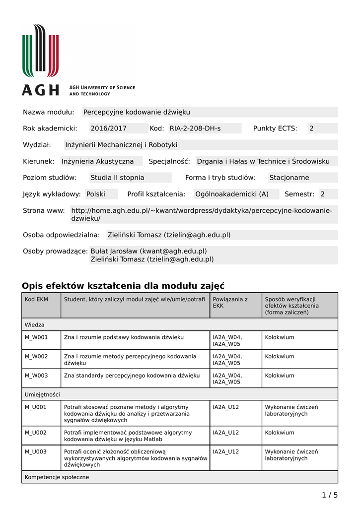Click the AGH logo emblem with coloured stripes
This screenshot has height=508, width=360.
click(40, 50)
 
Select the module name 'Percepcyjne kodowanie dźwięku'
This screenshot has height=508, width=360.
click(137, 112)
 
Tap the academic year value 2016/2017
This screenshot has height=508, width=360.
click(109, 128)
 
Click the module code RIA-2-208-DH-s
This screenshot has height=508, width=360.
click(195, 128)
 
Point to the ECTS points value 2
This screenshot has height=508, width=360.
click(312, 128)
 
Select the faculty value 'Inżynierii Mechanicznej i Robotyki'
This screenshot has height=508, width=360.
click(121, 145)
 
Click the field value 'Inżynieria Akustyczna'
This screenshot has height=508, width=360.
click(98, 161)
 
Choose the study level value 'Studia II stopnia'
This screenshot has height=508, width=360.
click(117, 178)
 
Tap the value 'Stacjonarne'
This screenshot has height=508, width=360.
click(289, 178)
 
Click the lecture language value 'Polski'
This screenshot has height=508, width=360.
click(96, 194)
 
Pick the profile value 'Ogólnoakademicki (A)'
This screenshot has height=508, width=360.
click(232, 194)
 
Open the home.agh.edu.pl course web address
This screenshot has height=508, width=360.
click(202, 214)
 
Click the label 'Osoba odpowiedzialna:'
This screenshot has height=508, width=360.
click(62, 235)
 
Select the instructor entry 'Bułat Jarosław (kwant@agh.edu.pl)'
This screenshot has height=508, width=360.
click(148, 251)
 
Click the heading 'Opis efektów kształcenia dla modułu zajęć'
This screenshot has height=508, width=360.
click(123, 286)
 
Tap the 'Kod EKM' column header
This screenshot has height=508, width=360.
click(36, 299)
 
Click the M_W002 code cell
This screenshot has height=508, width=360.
click(36, 356)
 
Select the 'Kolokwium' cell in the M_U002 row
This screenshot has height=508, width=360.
click(280, 433)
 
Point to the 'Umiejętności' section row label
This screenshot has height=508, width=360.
click(42, 394)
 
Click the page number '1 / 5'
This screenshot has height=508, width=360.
click(330, 495)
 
